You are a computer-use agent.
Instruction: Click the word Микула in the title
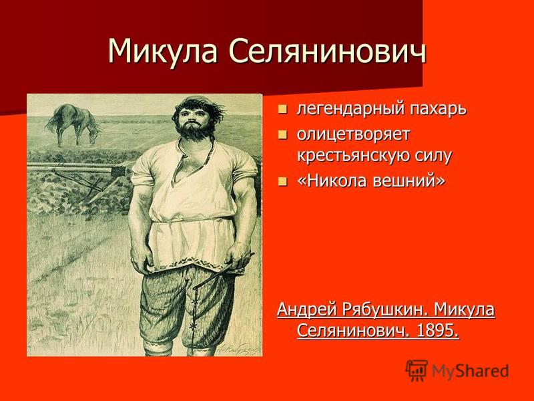pos(162,51)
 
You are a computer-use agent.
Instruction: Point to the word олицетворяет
pos(353,135)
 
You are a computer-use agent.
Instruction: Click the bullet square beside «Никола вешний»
pos(282,181)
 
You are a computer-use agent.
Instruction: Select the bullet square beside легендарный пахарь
pos(282,110)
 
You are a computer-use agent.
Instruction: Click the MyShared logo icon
pos(417,370)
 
